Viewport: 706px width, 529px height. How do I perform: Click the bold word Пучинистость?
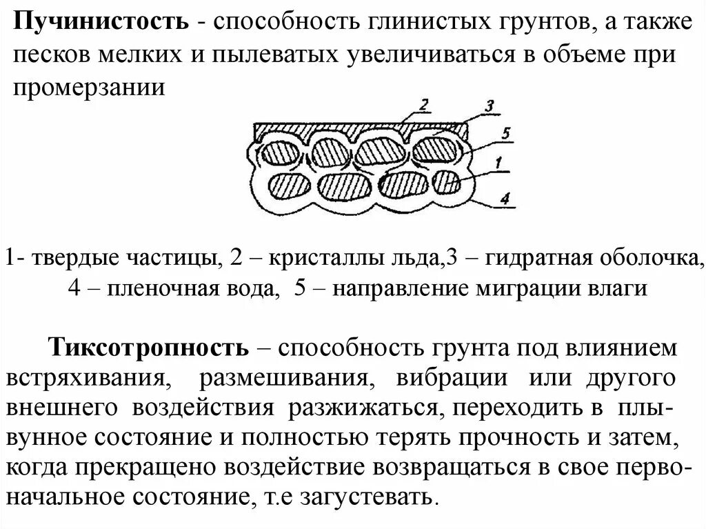point(102,23)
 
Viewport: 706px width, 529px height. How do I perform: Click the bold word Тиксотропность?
point(148,348)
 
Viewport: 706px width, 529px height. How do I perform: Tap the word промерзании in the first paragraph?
point(90,88)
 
